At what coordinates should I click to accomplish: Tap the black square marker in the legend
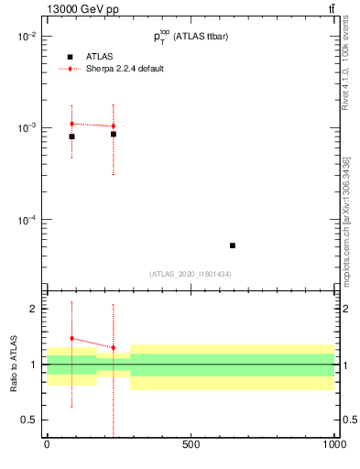(70, 56)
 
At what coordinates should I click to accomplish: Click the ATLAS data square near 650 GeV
(233, 245)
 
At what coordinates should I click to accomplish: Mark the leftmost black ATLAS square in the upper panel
(71, 136)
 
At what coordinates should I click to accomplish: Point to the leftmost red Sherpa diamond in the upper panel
(71, 124)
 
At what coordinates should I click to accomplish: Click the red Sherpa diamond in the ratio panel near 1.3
(114, 348)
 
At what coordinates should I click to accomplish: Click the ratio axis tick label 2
(33, 309)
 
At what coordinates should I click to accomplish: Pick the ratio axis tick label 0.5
(29, 420)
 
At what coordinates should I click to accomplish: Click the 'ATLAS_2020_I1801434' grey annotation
(191, 274)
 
